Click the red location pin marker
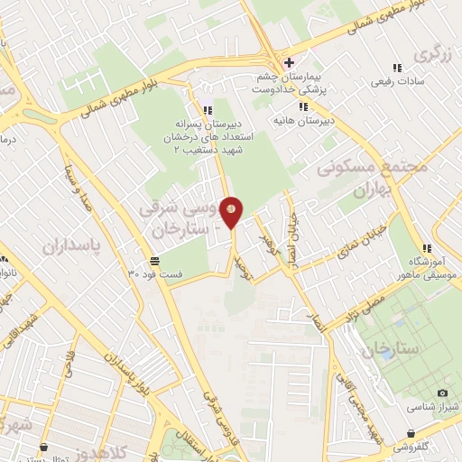click(232, 211)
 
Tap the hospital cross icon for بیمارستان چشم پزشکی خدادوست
click(288, 62)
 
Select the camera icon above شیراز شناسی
click(442, 393)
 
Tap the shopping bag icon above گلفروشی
click(411, 433)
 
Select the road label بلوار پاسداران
click(118, 362)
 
